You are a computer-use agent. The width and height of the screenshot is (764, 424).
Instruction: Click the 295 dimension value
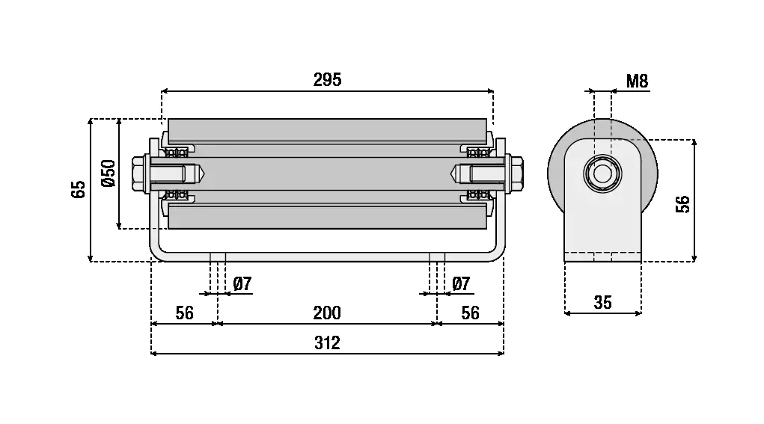327,79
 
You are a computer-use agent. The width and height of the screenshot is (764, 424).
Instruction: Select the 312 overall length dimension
327,342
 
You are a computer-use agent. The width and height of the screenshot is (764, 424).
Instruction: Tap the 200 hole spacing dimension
327,313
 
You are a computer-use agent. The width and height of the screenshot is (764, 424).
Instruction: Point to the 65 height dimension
79,189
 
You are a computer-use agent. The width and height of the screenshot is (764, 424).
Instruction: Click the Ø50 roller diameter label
107,173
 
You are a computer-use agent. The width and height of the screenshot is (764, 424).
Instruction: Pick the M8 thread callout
637,82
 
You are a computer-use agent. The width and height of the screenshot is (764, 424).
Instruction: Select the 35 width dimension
602,302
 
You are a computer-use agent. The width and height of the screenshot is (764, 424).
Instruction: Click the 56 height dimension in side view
682,203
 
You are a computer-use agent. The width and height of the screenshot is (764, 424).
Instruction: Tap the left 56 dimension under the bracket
183,313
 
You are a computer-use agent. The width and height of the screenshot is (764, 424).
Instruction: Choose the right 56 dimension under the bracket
470,313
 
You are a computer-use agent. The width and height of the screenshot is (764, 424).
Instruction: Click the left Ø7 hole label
242,283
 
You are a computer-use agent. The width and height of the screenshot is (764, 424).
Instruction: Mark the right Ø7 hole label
461,283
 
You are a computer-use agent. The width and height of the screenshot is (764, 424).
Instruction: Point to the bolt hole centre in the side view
602,174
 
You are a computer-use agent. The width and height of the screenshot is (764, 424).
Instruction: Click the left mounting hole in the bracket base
218,257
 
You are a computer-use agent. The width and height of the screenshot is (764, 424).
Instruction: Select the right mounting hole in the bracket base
437,257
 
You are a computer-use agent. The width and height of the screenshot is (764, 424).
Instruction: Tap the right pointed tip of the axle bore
452,173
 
